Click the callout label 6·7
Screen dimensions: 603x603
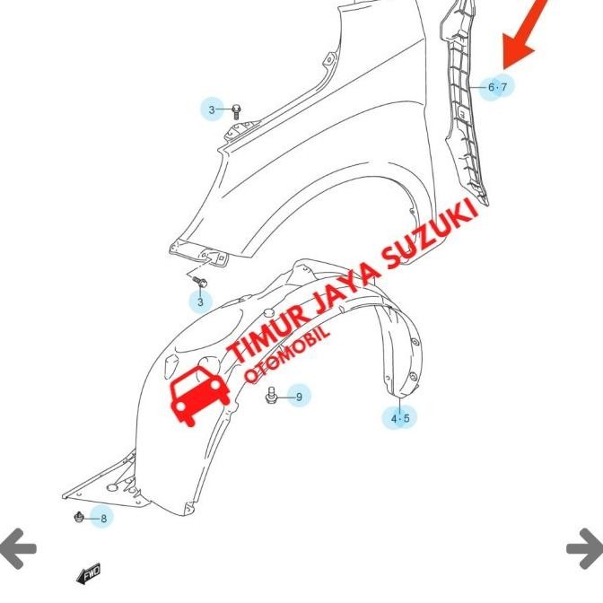[497, 87]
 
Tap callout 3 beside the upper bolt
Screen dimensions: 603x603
[213, 110]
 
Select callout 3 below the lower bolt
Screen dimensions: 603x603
[200, 301]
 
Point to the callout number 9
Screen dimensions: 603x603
[299, 395]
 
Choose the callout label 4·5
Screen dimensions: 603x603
[399, 418]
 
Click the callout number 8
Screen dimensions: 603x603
[103, 518]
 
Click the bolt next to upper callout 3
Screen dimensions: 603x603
[236, 111]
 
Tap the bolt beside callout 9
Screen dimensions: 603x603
[272, 394]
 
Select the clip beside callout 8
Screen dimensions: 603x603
[80, 518]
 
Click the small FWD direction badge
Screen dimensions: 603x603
[90, 573]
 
